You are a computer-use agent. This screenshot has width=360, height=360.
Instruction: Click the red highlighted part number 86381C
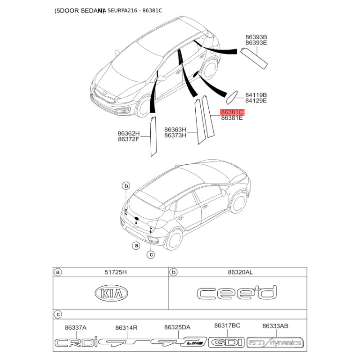(x=232, y=112)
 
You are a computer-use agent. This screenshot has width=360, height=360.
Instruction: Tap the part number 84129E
(x=256, y=101)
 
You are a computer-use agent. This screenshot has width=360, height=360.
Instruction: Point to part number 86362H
(x=129, y=133)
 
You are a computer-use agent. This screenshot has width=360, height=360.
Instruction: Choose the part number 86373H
(x=175, y=135)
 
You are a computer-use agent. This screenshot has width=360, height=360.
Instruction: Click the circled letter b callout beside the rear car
(x=126, y=186)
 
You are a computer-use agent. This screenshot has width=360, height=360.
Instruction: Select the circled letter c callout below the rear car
(x=151, y=255)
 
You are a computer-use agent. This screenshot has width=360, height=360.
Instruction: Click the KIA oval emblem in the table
(x=111, y=294)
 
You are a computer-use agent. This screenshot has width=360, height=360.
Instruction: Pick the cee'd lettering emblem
(x=236, y=293)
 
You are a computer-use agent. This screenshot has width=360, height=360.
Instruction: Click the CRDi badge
(x=76, y=343)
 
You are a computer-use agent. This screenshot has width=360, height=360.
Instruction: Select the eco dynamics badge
(x=275, y=343)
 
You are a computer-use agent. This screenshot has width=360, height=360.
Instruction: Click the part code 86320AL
(x=240, y=272)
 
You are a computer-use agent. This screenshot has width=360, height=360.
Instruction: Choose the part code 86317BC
(x=227, y=326)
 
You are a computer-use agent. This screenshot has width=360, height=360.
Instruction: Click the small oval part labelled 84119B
(x=233, y=95)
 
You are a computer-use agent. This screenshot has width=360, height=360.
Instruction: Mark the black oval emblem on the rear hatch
(x=136, y=220)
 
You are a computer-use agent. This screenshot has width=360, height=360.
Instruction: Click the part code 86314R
(x=126, y=328)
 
